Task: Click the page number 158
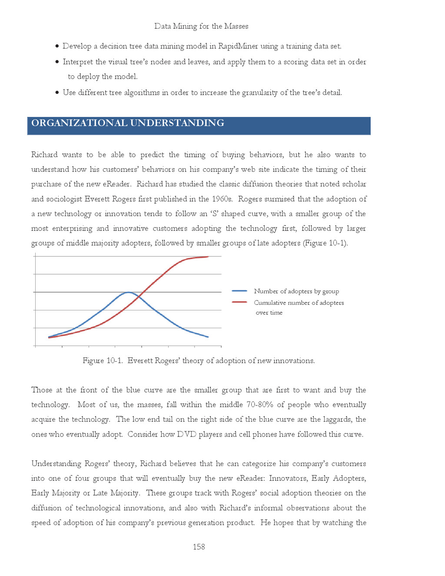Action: click(x=199, y=547)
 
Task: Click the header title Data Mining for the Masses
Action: click(x=201, y=26)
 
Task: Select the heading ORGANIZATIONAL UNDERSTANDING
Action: click(x=128, y=123)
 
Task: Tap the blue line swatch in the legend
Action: click(x=239, y=291)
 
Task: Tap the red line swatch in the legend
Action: click(x=239, y=302)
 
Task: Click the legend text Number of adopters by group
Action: click(x=296, y=291)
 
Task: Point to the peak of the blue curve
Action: click(x=128, y=293)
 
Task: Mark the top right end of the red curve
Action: click(x=208, y=257)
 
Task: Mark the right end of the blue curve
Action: click(x=208, y=337)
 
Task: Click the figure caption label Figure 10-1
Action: click(x=103, y=361)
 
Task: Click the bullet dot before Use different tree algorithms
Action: click(x=57, y=92)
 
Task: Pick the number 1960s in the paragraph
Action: click(x=222, y=199)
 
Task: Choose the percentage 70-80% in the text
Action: click(x=259, y=405)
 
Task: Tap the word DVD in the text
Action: click(x=186, y=434)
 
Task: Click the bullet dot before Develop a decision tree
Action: click(x=57, y=46)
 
